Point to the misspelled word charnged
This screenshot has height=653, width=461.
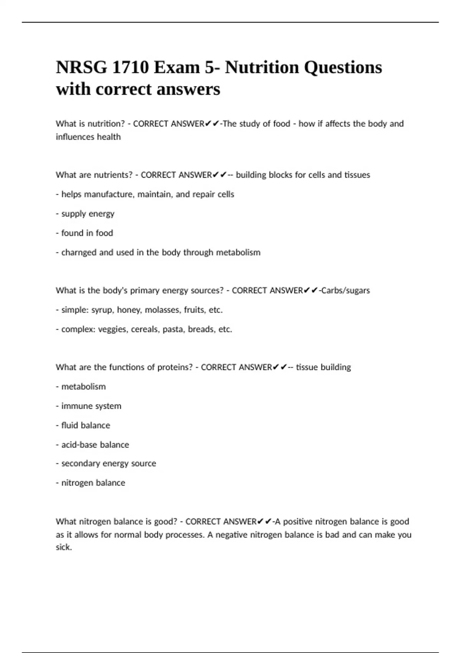point(79,252)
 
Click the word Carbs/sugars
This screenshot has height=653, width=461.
point(345,290)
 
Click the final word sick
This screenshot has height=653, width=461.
point(63,547)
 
